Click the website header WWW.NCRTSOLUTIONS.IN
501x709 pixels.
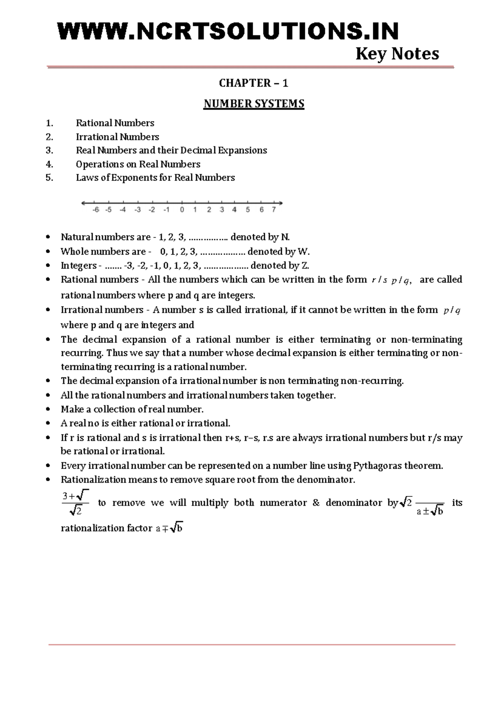pos(228,31)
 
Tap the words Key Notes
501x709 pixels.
pos(397,54)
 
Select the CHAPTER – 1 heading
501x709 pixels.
pos(253,83)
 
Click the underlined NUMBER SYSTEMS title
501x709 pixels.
pos(253,104)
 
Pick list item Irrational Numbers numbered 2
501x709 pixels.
pos(117,137)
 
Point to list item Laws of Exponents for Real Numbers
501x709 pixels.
pos(155,178)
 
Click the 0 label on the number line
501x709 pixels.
pos(182,210)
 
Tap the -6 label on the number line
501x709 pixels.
pos(96,210)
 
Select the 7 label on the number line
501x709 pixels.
pos(274,210)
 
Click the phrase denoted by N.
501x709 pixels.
pos(260,237)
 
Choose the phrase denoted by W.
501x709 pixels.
pos(278,251)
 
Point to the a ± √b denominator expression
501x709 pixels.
pos(430,511)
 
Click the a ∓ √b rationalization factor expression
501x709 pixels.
pos(169,528)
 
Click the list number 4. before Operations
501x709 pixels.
pos(50,164)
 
